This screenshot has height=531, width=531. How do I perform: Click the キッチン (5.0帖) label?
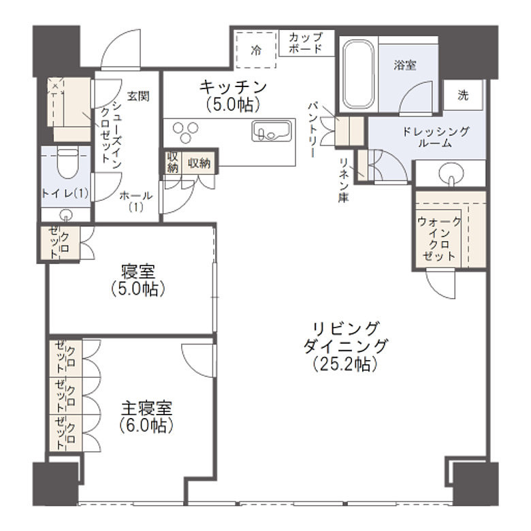click(x=234, y=95)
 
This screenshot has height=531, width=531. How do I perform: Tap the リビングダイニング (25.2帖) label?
click(x=345, y=345)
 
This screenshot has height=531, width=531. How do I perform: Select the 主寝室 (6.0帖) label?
click(x=147, y=417)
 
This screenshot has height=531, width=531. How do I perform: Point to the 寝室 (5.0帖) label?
click(x=138, y=280)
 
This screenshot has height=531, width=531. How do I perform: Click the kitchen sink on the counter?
click(x=272, y=130)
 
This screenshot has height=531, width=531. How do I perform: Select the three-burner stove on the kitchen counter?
click(x=187, y=129)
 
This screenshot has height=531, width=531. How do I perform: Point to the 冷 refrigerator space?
click(x=256, y=50)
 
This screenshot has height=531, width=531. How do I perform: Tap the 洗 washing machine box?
click(x=464, y=95)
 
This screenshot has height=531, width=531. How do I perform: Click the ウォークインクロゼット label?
click(x=440, y=238)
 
